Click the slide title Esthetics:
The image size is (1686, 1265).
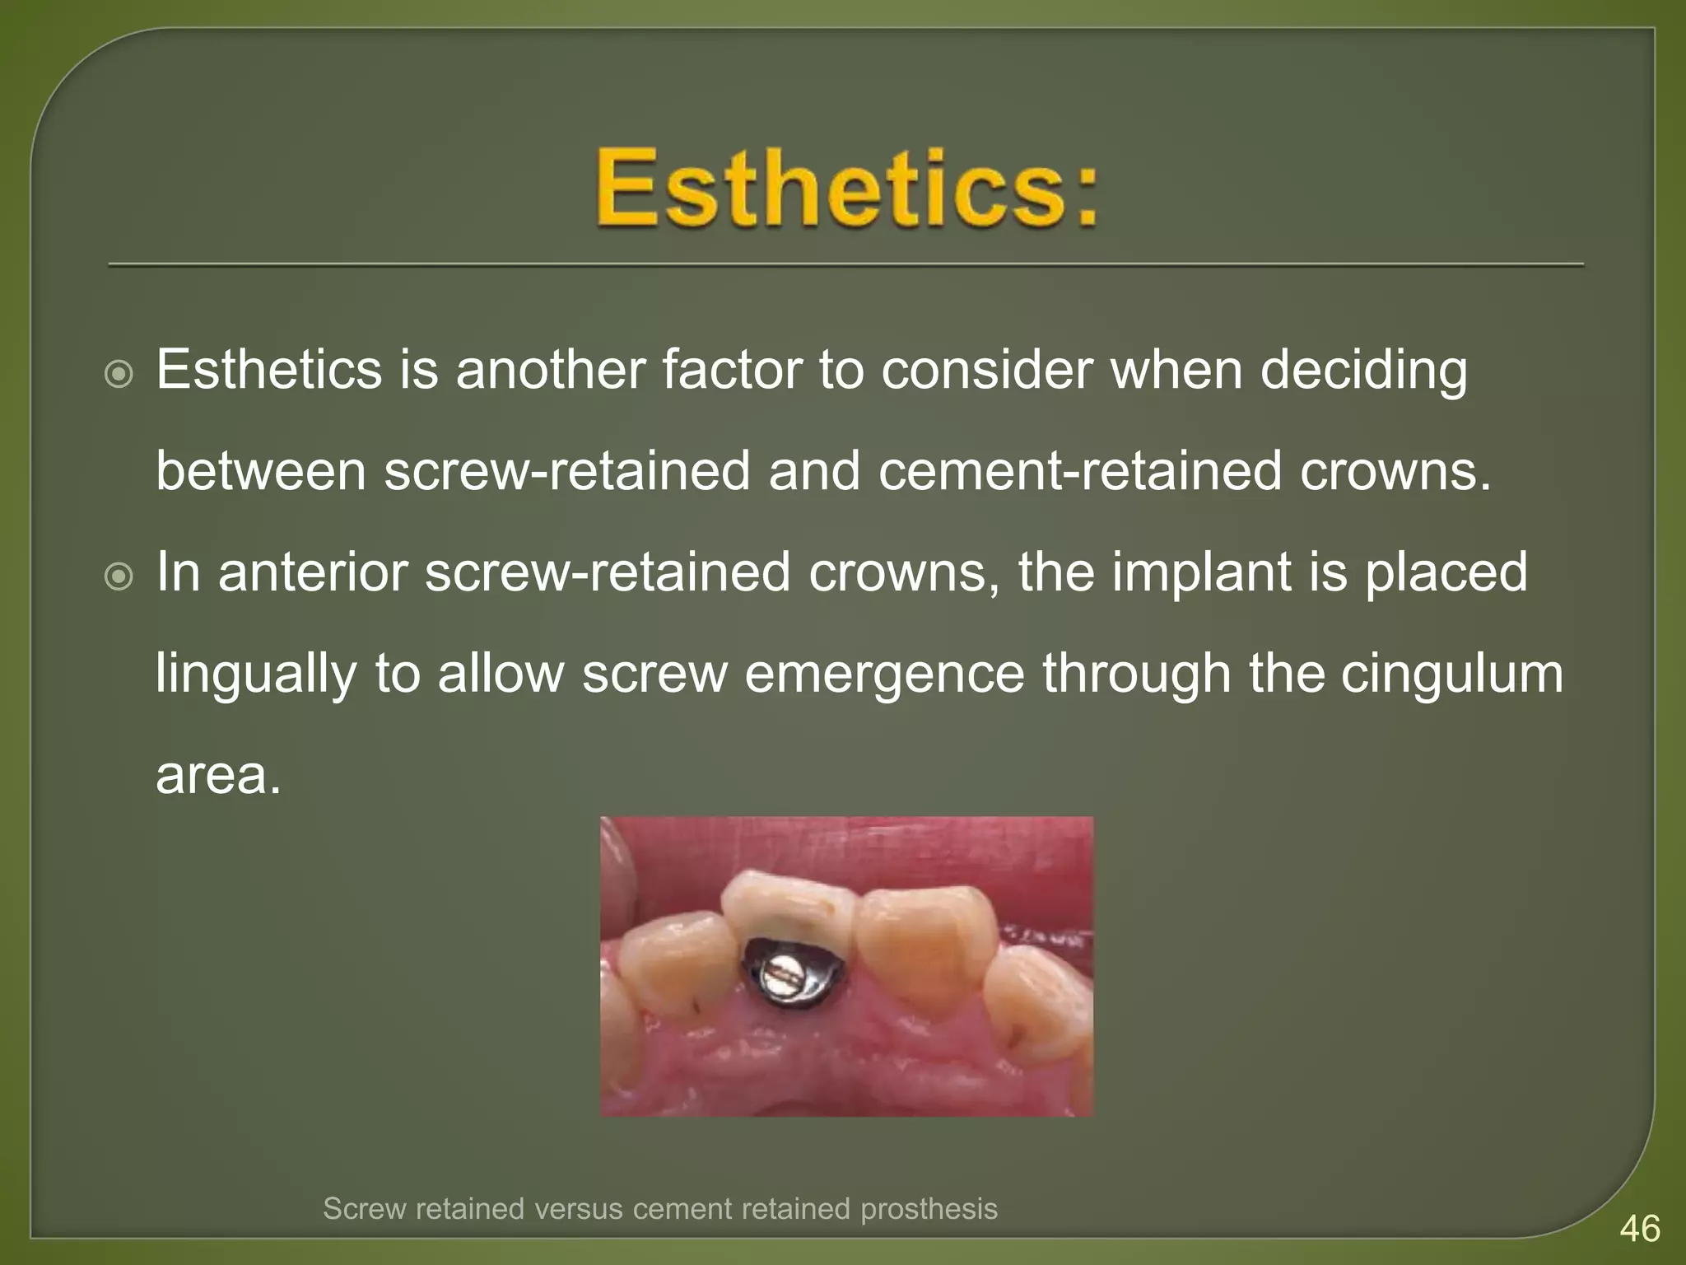pos(848,188)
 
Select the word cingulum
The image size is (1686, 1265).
pos(1451,673)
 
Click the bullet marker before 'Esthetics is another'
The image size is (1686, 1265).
pos(119,376)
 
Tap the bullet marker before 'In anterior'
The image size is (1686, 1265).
pos(119,577)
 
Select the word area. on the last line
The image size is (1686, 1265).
pos(218,775)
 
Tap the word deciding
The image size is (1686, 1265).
pos(1363,370)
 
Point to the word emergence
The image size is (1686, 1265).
pos(886,674)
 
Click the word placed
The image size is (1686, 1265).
pos(1446,572)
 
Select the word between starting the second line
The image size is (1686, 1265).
pos(260,471)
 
